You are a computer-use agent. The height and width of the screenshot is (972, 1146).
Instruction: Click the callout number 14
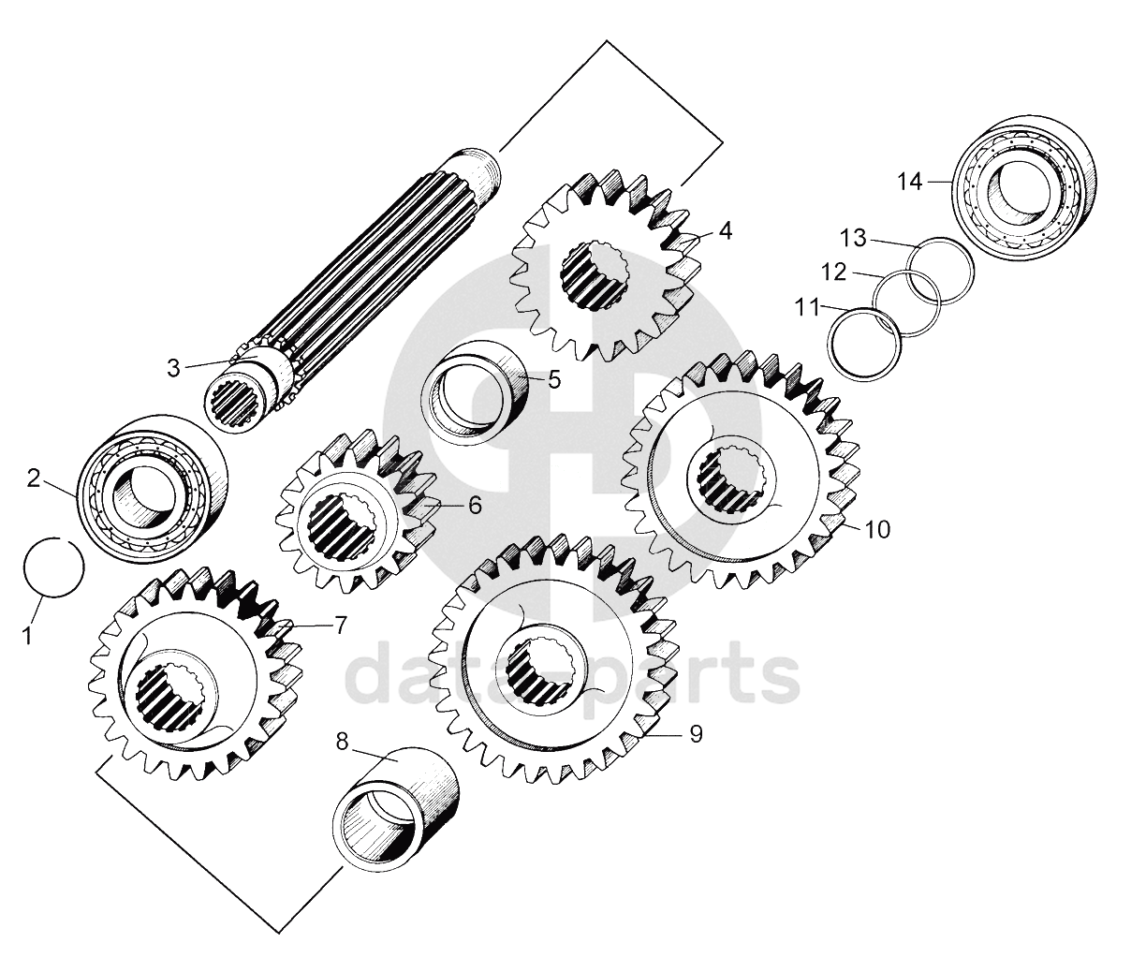[x=910, y=182]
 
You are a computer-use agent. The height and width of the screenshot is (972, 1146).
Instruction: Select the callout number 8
[x=342, y=741]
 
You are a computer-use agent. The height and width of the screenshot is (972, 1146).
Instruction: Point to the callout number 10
[x=877, y=529]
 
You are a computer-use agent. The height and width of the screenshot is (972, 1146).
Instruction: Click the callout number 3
[x=174, y=368]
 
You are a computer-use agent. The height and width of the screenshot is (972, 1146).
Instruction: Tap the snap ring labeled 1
[x=53, y=567]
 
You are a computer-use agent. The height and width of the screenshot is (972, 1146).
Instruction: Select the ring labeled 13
[x=943, y=270]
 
